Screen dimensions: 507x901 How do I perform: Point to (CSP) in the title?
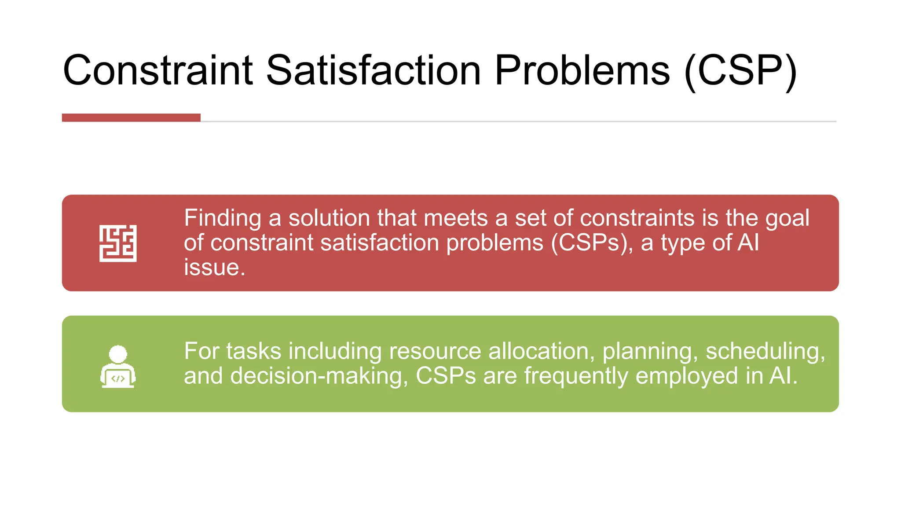coord(741,71)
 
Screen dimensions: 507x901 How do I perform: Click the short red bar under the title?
coord(131,118)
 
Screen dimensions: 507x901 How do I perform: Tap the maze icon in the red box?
coord(118,243)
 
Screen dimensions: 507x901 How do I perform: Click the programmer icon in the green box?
coord(118,367)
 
